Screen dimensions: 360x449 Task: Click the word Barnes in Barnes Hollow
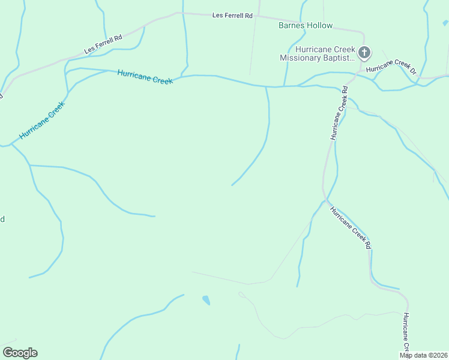click(x=292, y=26)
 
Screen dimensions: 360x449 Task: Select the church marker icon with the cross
click(x=364, y=53)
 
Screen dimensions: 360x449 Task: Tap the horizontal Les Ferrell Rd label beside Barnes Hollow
click(x=232, y=16)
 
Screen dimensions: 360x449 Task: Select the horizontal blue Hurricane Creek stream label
click(x=145, y=77)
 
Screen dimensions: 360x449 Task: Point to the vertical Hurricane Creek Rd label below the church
click(x=339, y=114)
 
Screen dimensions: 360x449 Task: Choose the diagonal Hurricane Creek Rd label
click(x=351, y=228)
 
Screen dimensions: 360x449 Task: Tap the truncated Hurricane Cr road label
click(x=406, y=332)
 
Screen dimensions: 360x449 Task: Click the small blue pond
click(x=206, y=299)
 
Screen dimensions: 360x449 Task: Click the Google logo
click(x=20, y=353)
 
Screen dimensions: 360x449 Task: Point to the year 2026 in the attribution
click(x=440, y=355)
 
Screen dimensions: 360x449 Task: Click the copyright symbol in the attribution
click(x=429, y=355)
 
